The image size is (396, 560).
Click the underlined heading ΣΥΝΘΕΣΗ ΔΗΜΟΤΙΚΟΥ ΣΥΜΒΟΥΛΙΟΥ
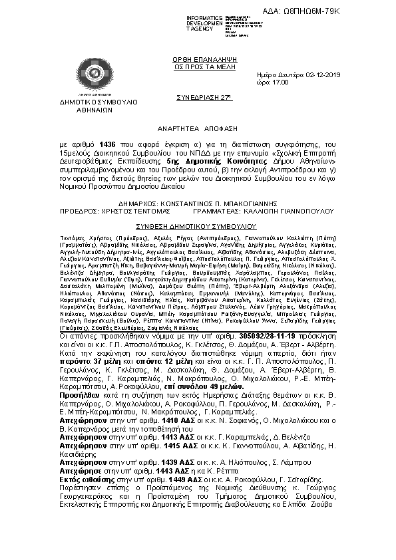coord(197,226)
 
